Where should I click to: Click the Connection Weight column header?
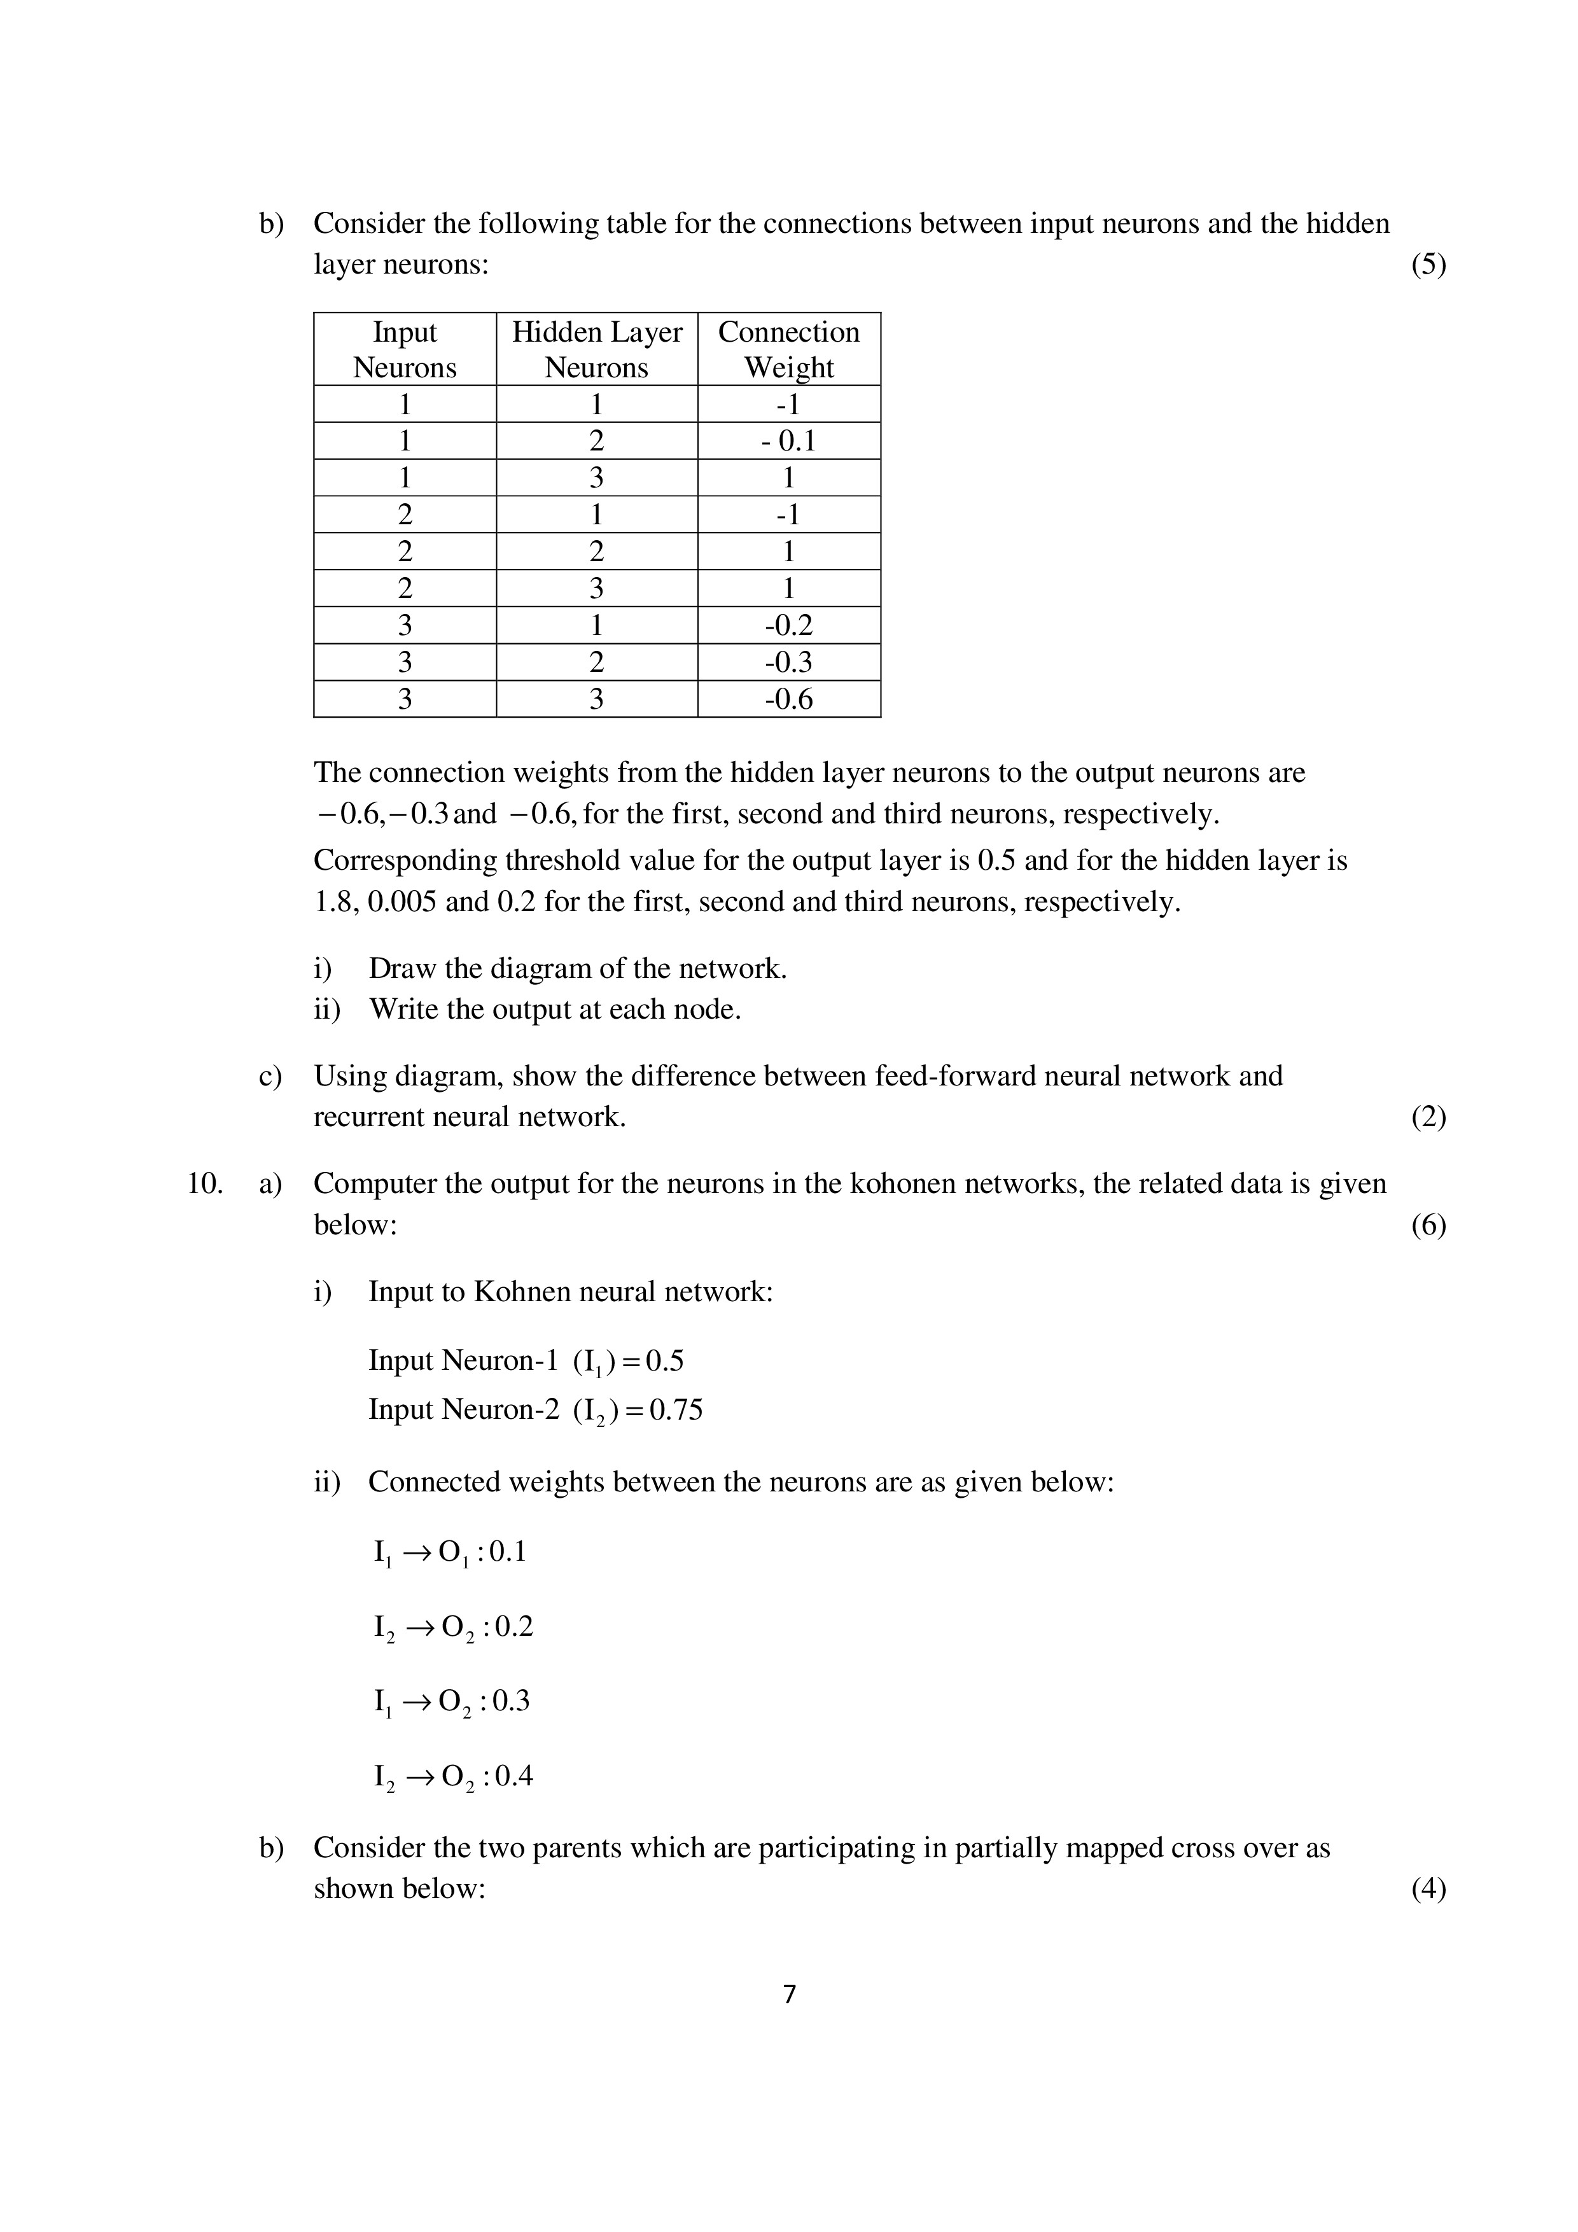tap(788, 349)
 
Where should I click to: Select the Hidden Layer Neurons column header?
tap(596, 349)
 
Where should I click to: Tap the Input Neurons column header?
tap(405, 349)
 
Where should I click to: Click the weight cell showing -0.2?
tap(788, 625)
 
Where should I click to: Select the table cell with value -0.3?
tap(788, 662)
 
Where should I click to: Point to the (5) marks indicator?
tap(1427, 265)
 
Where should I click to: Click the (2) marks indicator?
tap(1427, 1117)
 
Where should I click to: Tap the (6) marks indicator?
tap(1427, 1225)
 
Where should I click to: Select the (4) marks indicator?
tap(1427, 1889)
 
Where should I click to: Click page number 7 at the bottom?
tap(788, 1995)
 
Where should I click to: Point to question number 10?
tap(204, 1184)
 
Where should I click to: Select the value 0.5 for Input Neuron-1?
tap(665, 1360)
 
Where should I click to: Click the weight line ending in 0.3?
tap(452, 1701)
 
